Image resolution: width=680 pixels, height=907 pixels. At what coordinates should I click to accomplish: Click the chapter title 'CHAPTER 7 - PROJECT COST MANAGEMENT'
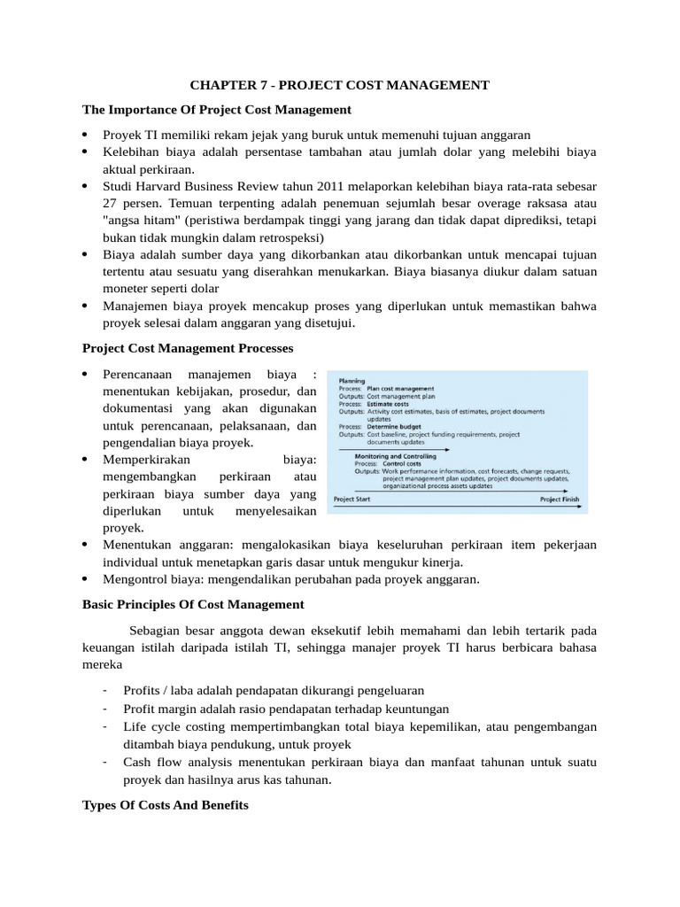(x=340, y=85)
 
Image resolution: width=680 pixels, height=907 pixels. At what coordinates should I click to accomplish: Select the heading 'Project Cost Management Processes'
(x=188, y=347)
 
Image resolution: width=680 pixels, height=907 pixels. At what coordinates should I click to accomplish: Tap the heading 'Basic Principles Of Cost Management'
(x=193, y=604)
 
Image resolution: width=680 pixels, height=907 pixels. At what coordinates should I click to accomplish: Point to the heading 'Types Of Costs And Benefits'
(x=166, y=806)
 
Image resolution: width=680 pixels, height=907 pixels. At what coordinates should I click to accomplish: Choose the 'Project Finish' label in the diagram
(x=560, y=499)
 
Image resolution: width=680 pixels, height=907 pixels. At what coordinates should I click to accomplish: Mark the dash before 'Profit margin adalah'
(x=104, y=709)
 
